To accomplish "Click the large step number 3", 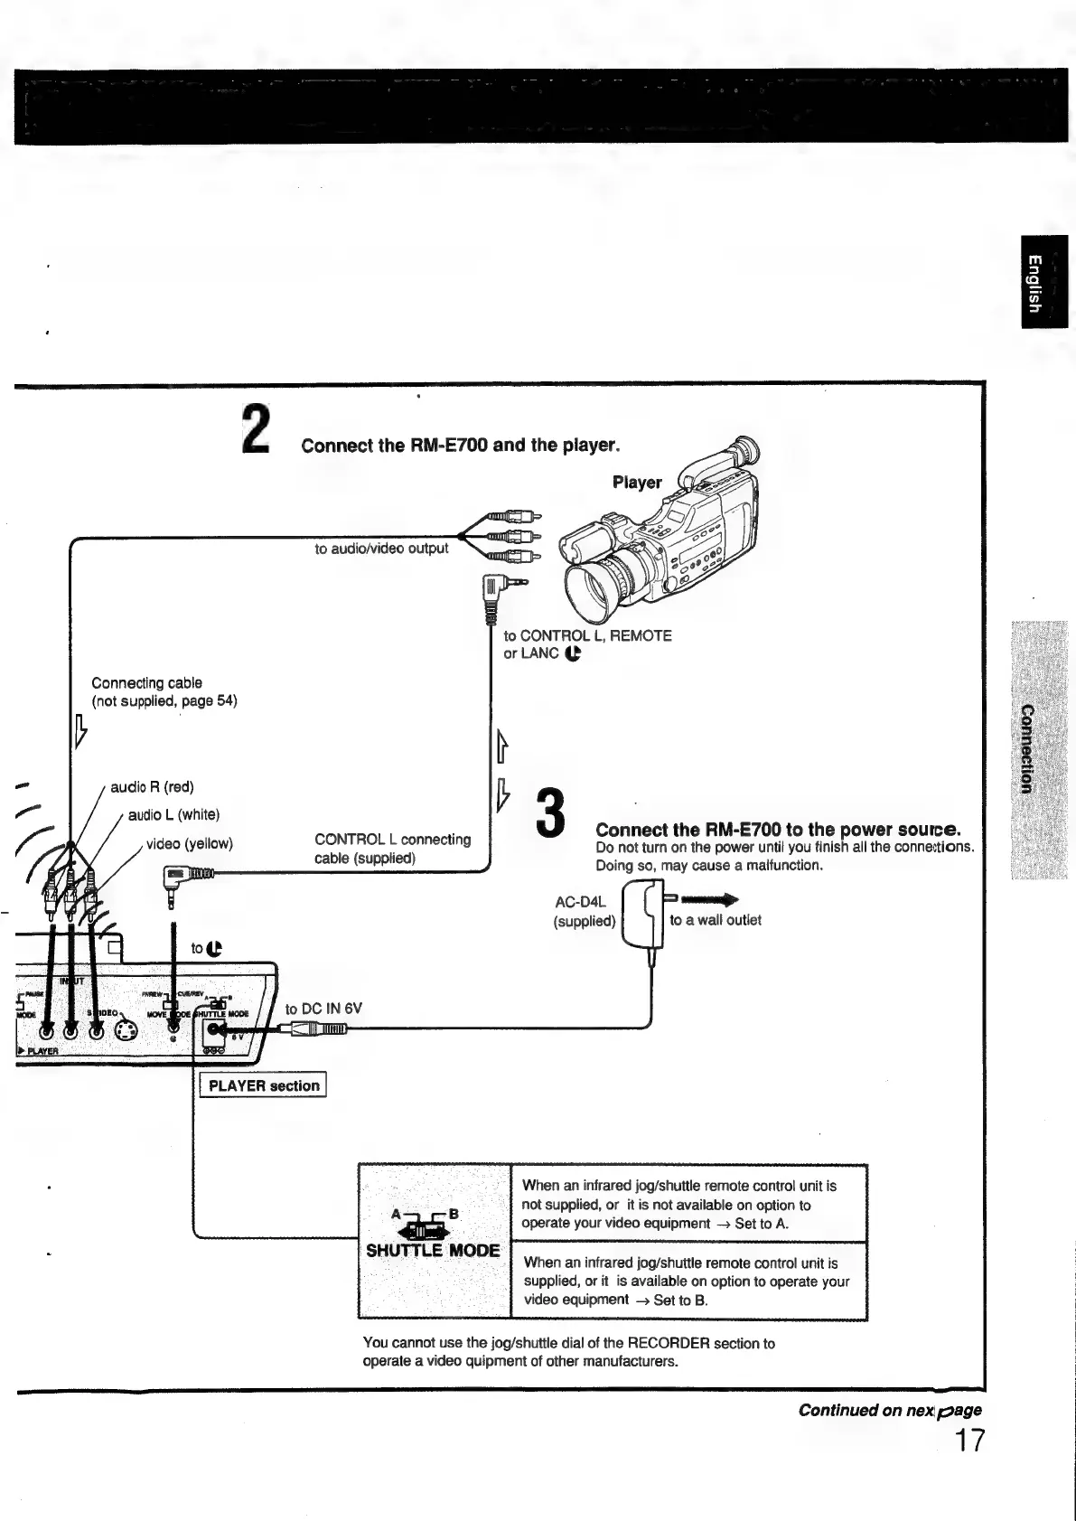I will (x=551, y=812).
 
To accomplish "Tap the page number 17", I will (x=969, y=1440).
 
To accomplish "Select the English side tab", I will (x=1044, y=281).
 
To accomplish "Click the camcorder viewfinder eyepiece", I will (x=744, y=450).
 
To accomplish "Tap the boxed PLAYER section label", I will (x=263, y=1085).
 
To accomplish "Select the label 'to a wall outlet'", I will (x=716, y=920).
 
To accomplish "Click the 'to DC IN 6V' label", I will (x=323, y=1009).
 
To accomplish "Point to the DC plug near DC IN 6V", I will (x=316, y=1028).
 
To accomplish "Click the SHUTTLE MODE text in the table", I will (x=433, y=1251).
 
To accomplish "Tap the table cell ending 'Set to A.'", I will (x=688, y=1204).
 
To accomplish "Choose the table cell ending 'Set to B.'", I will (x=688, y=1281).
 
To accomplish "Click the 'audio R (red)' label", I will (x=152, y=787).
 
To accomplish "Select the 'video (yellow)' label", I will (x=190, y=843).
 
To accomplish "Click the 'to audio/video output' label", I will (x=381, y=549).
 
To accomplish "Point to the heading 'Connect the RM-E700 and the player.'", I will (x=461, y=446).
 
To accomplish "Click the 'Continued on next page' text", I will (x=889, y=1410).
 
